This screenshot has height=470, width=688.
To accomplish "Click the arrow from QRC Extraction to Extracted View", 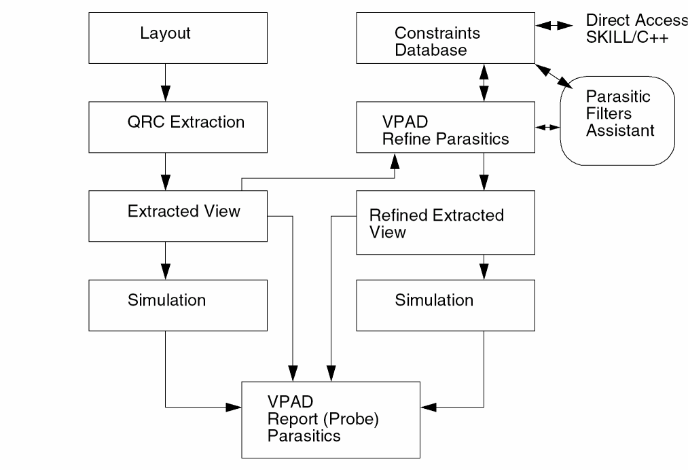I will coord(164,173).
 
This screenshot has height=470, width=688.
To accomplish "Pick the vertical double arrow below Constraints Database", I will coord(484,84).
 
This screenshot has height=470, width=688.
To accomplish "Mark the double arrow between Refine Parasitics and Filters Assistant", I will coord(547,127).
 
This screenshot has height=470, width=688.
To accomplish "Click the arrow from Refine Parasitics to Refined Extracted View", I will coord(484,173).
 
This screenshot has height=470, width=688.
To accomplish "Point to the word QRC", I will coord(141,123).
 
